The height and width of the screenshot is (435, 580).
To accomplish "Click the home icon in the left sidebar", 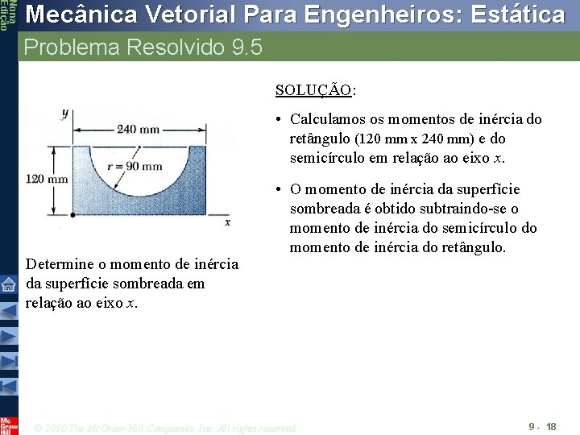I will pyautogui.click(x=8, y=284).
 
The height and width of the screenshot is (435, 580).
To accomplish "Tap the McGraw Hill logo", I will pyautogui.click(x=8, y=425).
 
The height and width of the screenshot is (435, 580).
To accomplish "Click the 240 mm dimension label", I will pyautogui.click(x=139, y=129).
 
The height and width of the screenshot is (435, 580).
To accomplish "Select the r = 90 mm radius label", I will pyautogui.click(x=135, y=167).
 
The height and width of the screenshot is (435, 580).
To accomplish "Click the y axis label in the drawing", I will pyautogui.click(x=65, y=114).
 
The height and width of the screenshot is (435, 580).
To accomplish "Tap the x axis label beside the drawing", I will pyautogui.click(x=228, y=221).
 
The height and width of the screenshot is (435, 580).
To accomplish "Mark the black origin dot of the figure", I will pyautogui.click(x=73, y=214).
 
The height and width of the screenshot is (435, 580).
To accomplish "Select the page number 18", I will pyautogui.click(x=551, y=425).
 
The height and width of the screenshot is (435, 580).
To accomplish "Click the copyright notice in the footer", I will pyautogui.click(x=166, y=427).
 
